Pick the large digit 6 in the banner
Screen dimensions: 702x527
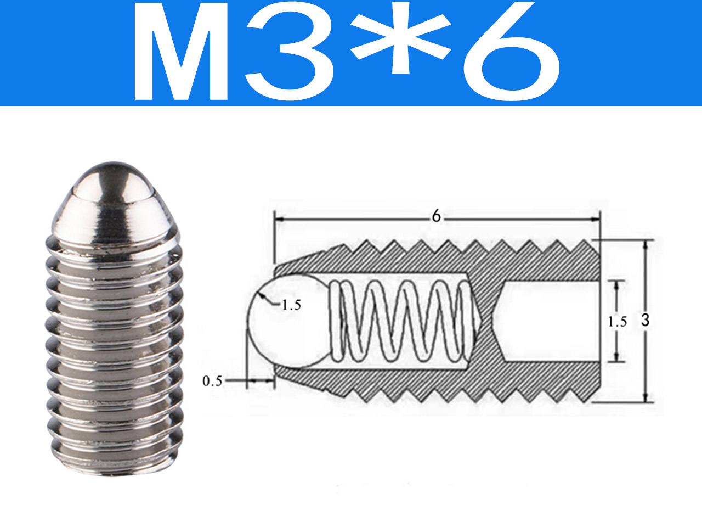[511, 51]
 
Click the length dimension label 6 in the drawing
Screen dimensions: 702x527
[436, 217]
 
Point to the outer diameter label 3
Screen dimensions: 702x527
[645, 320]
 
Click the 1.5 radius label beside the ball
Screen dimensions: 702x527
[291, 306]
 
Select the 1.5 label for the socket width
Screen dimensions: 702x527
[617, 322]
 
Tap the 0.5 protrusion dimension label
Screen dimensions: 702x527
[212, 381]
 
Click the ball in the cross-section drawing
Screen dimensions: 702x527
[286, 321]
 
